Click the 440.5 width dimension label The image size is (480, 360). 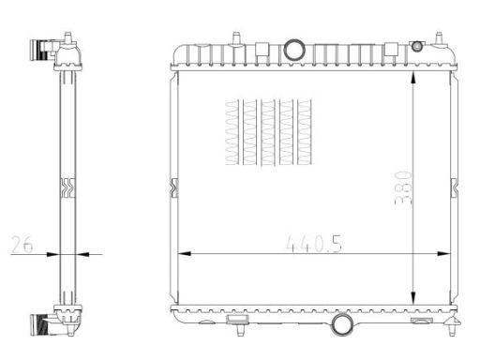(314, 244)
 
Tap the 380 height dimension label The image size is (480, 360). (403, 187)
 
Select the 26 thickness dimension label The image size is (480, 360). (22, 245)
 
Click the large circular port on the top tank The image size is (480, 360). (294, 50)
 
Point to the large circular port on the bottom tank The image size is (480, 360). (342, 324)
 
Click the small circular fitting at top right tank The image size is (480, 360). (417, 47)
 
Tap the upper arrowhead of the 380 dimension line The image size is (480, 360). (412, 78)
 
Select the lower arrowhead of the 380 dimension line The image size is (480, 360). (412, 297)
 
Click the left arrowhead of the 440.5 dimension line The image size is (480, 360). (184, 253)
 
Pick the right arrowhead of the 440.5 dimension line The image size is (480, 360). (443, 253)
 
